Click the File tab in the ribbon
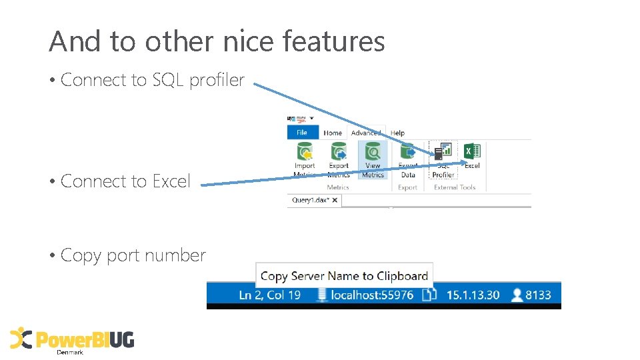302,133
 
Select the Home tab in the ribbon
333,133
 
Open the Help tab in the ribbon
397,133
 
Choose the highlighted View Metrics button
373,160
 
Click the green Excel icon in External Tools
472,151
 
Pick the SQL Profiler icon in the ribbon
443,153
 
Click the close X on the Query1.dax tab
335,200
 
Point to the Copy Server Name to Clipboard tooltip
344,275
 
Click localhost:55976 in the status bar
372,295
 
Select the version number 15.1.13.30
473,295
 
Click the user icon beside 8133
517,295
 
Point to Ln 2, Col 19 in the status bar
270,295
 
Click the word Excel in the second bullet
171,181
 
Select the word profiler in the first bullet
217,80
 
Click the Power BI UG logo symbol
21,339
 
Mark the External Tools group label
455,187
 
